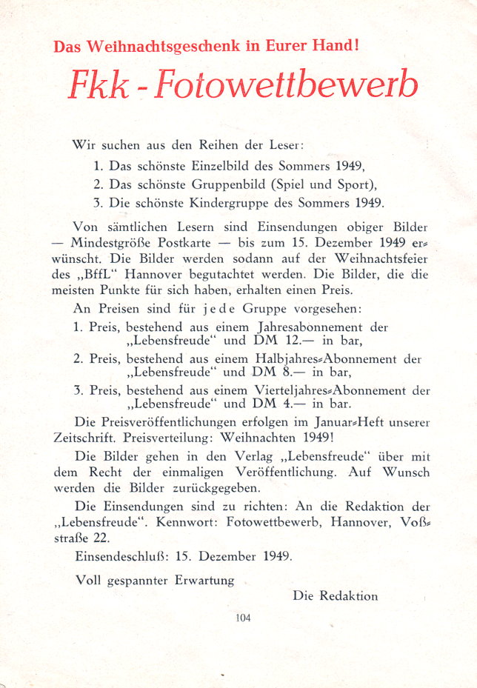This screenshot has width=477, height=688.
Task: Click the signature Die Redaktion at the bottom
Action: pyautogui.click(x=335, y=595)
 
